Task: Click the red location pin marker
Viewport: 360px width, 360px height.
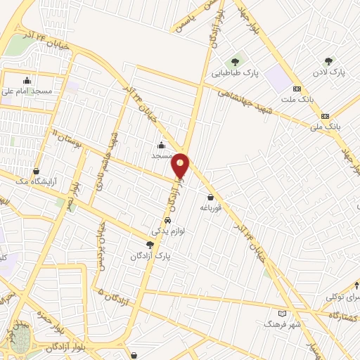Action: pyautogui.click(x=181, y=165)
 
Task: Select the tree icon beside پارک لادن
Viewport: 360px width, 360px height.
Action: pyautogui.click(x=328, y=62)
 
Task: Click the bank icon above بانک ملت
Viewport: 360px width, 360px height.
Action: pyautogui.click(x=297, y=89)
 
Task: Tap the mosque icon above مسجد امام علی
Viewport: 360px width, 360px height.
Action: pyautogui.click(x=27, y=79)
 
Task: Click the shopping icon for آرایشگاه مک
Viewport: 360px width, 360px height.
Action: pyautogui.click(x=37, y=171)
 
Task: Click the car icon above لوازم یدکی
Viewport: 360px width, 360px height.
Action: pyautogui.click(x=167, y=220)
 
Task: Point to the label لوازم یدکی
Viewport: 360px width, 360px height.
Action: pyautogui.click(x=167, y=231)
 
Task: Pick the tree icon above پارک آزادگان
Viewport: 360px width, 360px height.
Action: pyautogui.click(x=150, y=245)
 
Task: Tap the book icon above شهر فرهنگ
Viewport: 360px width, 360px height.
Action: pyautogui.click(x=283, y=313)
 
